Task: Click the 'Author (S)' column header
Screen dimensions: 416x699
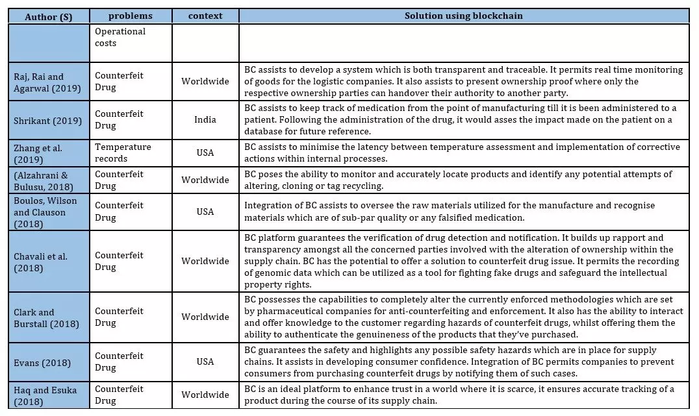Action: [x=49, y=16]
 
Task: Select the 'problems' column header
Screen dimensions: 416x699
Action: [x=131, y=16]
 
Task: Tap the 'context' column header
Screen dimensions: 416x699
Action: [x=205, y=16]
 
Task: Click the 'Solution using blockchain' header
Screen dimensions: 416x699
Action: [x=464, y=16]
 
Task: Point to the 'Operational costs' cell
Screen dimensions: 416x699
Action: [x=120, y=37]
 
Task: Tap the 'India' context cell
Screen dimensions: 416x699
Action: [x=205, y=120]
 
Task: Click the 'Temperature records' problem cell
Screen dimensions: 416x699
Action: [x=123, y=153]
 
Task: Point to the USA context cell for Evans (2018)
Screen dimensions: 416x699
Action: [x=205, y=362]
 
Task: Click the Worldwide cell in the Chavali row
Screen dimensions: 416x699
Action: [x=205, y=261]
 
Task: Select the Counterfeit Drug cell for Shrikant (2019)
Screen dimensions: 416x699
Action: [x=119, y=120]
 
